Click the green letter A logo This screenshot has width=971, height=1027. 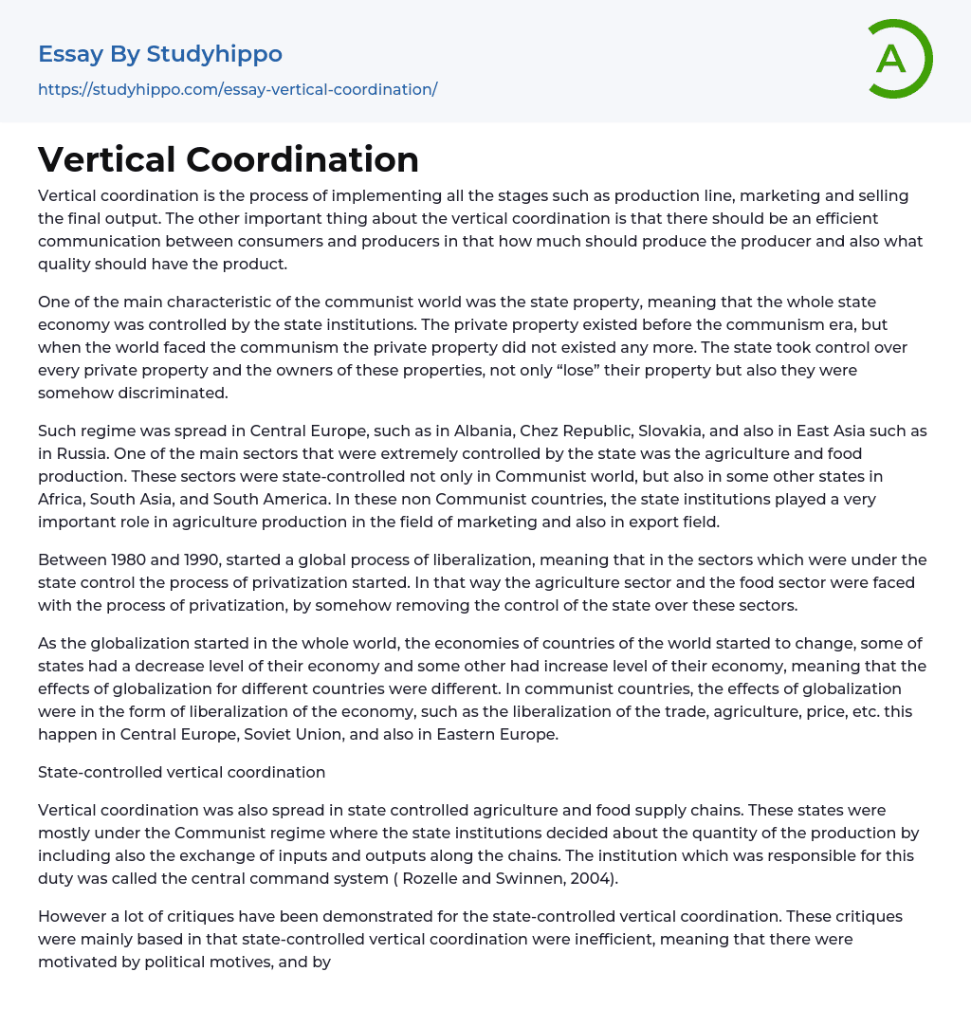point(897,59)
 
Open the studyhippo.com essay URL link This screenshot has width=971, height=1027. point(237,89)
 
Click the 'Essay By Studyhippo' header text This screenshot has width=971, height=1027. point(160,54)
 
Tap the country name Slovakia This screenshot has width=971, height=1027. point(682,431)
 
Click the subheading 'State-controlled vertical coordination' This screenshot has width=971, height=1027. point(181,772)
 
